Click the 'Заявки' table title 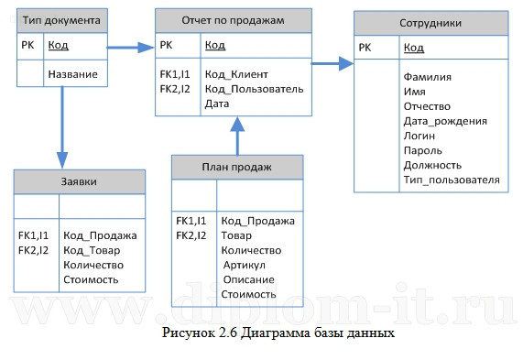click(79, 181)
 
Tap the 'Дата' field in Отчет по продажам click(218, 104)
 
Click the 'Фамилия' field click(427, 76)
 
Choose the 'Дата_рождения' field click(445, 121)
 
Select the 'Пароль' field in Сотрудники click(423, 150)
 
